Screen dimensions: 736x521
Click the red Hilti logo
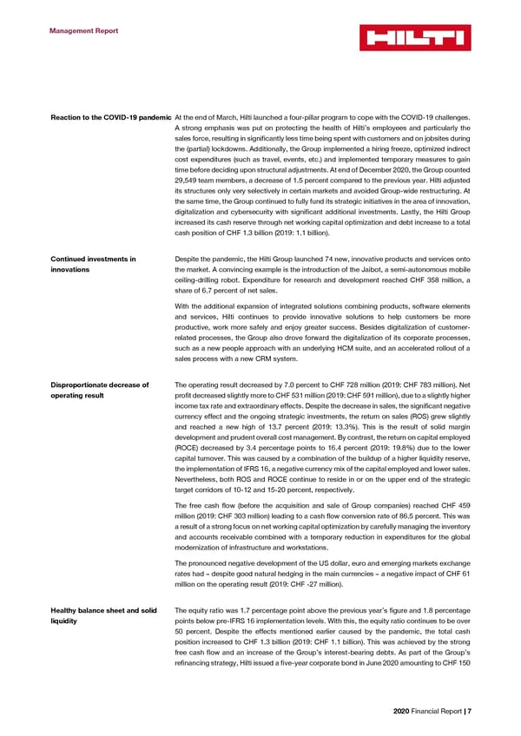coord(414,37)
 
